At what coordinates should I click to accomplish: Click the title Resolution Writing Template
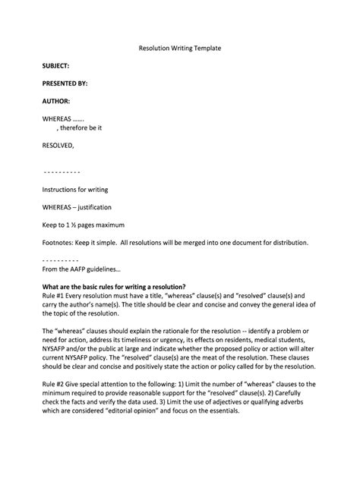point(179,47)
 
